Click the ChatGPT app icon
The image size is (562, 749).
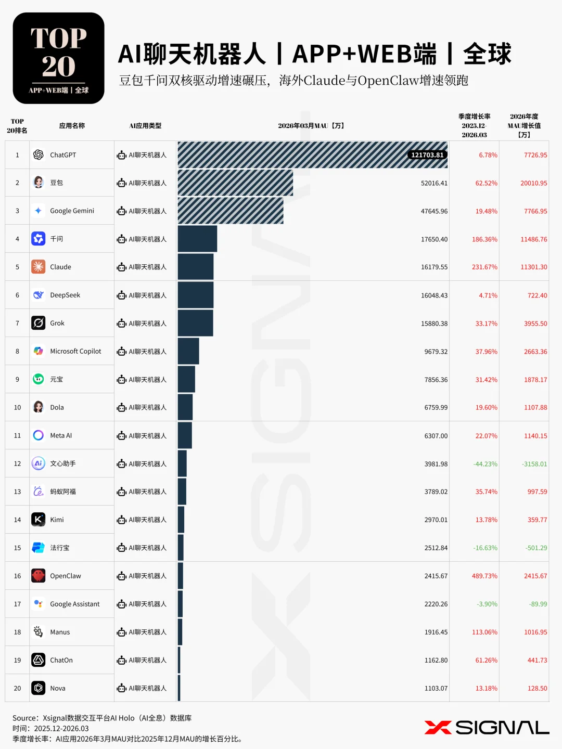38,154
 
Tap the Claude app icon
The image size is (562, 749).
38,267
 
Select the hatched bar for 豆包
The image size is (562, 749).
235,183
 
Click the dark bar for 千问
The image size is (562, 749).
197,239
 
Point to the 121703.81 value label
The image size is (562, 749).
427,155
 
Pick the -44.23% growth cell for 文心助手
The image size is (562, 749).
485,464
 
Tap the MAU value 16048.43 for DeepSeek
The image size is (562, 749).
434,295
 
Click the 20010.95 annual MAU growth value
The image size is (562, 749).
533,183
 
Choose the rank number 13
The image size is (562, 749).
17,492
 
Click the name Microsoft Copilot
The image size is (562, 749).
75,351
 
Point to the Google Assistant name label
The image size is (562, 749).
74,604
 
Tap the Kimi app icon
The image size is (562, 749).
38,520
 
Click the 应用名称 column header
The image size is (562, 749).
72,126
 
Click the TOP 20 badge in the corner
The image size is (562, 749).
58,58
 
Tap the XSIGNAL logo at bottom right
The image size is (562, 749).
487,728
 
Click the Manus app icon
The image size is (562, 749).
38,632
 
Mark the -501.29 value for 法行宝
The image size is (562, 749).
536,548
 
